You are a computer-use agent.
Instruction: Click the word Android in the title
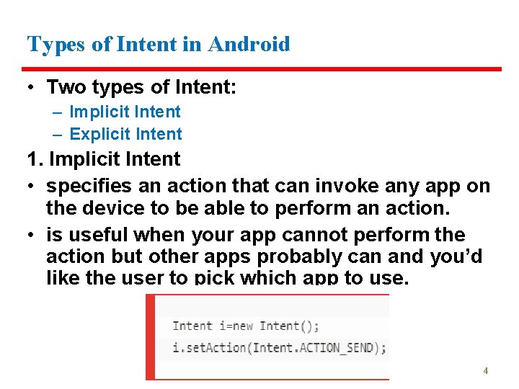point(249,45)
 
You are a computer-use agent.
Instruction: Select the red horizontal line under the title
point(264,69)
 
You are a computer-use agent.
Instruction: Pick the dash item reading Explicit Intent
point(125,134)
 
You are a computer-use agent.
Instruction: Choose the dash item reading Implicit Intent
point(125,112)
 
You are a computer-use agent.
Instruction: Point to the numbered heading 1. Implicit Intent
point(104,159)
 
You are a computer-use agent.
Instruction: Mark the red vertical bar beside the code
point(149,337)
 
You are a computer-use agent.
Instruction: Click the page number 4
point(485,371)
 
